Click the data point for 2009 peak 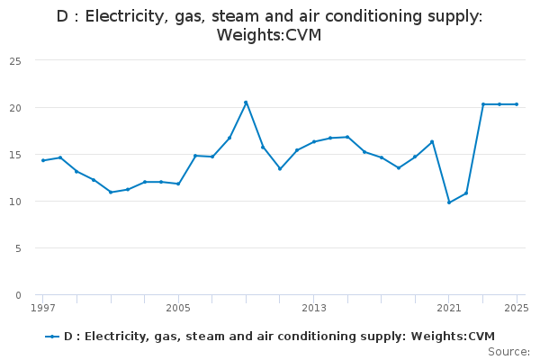[x=246, y=103]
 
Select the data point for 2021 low [x=449, y=202]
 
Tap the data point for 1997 [x=42, y=160]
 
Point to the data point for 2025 [x=517, y=104]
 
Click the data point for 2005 [x=178, y=184]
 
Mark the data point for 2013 [x=314, y=141]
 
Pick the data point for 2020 [x=432, y=141]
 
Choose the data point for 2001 [x=111, y=192]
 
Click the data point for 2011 [x=280, y=168]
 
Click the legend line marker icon [x=52, y=337]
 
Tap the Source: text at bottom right [x=508, y=351]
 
